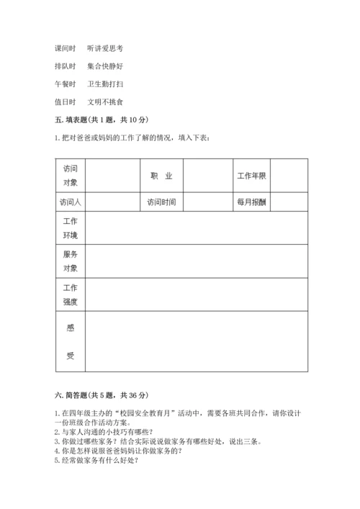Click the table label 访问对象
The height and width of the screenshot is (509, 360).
70,176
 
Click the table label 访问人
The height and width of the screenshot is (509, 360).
70,202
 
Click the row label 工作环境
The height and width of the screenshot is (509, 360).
70,228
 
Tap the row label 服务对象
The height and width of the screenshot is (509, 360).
70,261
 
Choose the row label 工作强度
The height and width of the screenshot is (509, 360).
70,294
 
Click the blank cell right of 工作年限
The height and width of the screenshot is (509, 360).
289,176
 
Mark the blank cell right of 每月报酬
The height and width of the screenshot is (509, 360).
289,202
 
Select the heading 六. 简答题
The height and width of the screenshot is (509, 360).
100,395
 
